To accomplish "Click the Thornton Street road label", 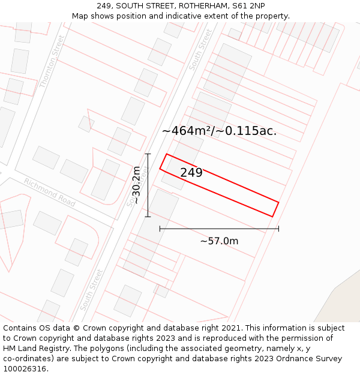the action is pyautogui.click(x=51, y=62).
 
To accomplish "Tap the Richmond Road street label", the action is pyautogui.click(x=50, y=192).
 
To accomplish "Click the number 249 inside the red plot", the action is pyautogui.click(x=191, y=173).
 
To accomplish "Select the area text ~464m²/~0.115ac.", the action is pyautogui.click(x=219, y=131).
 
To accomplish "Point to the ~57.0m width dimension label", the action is pyautogui.click(x=219, y=241).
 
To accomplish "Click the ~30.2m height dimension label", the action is pyautogui.click(x=136, y=185).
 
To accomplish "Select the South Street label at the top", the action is pyautogui.click(x=200, y=50).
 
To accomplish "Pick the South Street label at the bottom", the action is pyautogui.click(x=91, y=290).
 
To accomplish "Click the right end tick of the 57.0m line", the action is pyautogui.click(x=278, y=229).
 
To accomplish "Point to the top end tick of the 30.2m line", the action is pyautogui.click(x=148, y=154).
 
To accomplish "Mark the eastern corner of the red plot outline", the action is pyautogui.click(x=279, y=202).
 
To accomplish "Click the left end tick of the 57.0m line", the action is pyautogui.click(x=160, y=229).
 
